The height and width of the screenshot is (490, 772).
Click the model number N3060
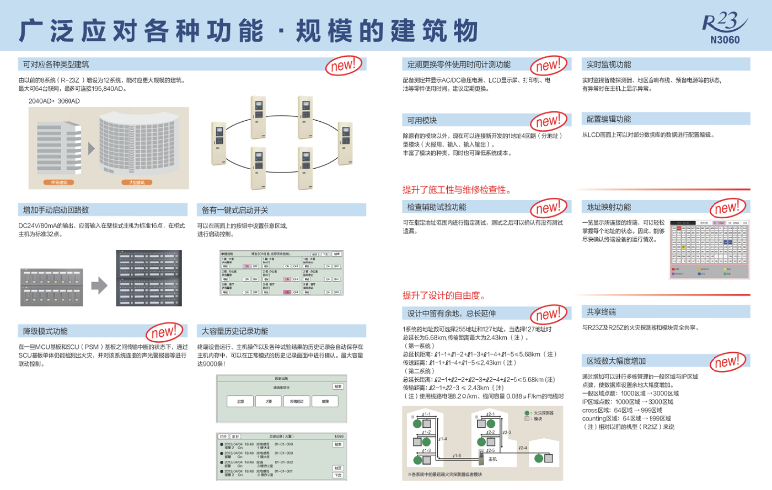point(725,40)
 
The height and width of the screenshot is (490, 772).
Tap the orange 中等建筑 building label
point(59,182)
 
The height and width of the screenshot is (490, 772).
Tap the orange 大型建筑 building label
point(137,182)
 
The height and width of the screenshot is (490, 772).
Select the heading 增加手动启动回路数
point(56,210)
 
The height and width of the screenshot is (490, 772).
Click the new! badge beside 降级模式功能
point(164,332)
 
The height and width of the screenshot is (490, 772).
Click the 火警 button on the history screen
point(269,401)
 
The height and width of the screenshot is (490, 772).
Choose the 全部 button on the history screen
point(240,401)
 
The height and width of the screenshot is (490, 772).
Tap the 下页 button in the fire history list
point(338,475)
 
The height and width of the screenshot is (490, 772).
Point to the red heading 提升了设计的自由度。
point(444,295)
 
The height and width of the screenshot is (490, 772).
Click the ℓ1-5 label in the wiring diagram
point(457,456)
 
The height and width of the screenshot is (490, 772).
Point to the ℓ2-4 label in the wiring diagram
point(523,448)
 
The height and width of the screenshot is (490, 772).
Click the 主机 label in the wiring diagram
point(492,459)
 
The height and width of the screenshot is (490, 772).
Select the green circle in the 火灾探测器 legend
point(527,413)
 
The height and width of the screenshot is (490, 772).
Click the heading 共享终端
point(601,312)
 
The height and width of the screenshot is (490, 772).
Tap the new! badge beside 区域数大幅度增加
point(726,362)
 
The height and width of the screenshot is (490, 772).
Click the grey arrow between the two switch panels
point(99,286)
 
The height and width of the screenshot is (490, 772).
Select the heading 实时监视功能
point(609,64)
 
